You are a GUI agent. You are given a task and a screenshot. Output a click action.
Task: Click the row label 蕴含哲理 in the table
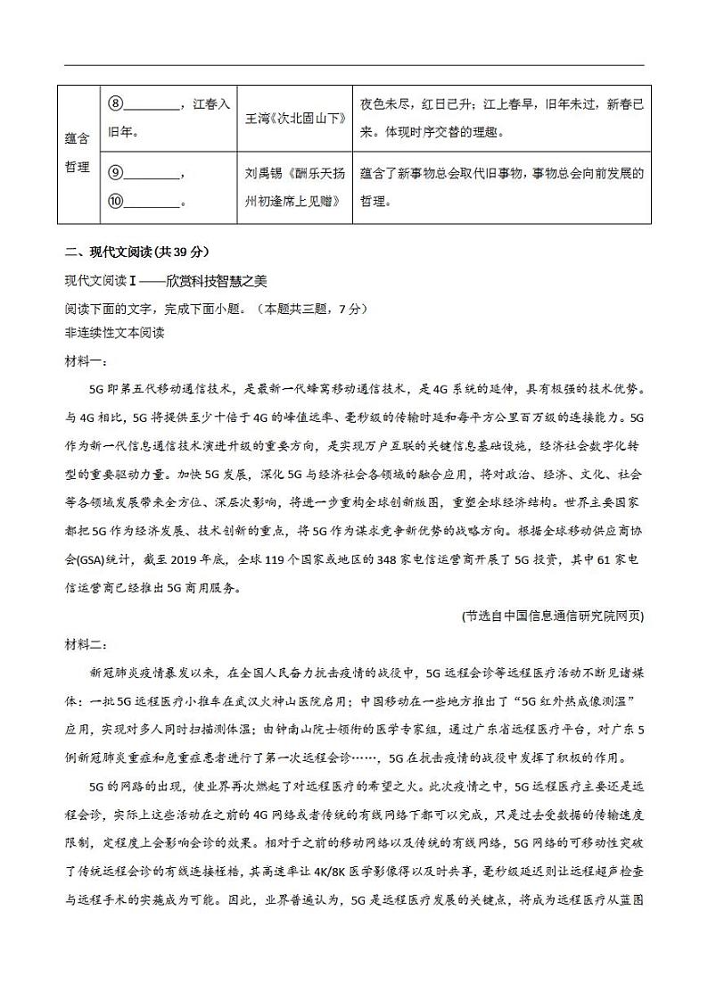click(78, 153)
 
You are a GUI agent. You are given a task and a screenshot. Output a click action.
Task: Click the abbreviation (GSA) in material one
click(96, 560)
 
